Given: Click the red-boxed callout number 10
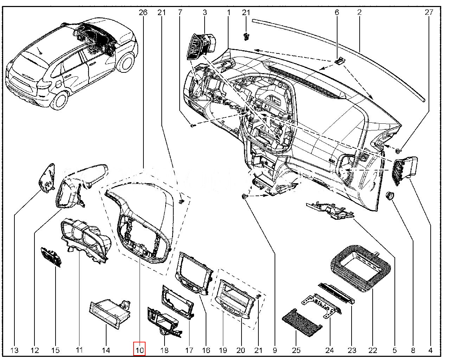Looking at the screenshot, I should (140, 350).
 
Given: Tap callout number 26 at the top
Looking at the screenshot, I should (143, 13).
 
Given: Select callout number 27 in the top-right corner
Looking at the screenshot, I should (429, 13).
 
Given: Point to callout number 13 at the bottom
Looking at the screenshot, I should (14, 350).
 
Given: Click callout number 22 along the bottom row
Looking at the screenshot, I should (373, 350).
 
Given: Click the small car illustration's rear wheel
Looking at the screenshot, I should (60, 100).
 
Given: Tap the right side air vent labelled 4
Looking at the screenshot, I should (405, 170).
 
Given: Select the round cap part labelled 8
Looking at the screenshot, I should (390, 195).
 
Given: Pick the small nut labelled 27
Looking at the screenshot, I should (398, 151).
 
